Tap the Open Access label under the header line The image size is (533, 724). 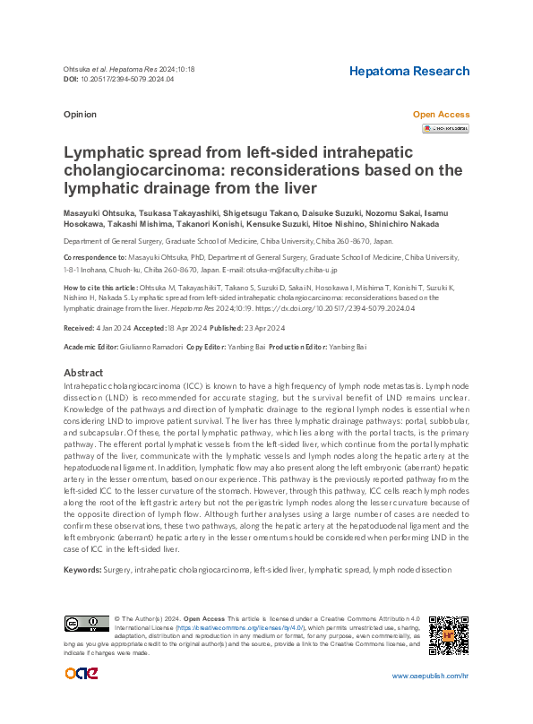(440, 115)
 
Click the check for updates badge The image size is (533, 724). (445, 128)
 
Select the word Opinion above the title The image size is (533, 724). (80, 115)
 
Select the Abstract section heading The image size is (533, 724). (84, 372)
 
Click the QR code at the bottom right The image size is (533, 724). (449, 634)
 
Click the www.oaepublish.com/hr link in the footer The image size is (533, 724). (430, 676)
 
